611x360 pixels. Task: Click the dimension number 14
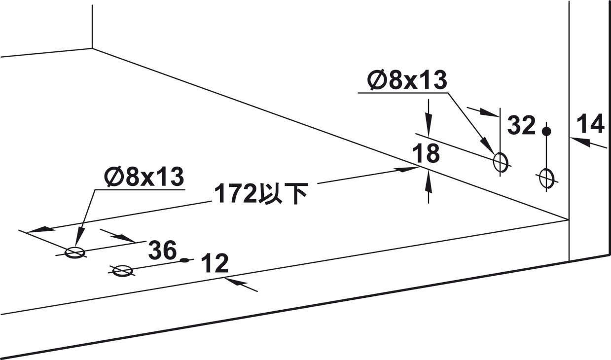tap(590, 124)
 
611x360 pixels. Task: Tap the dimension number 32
tap(521, 125)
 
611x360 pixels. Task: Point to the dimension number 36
tap(163, 250)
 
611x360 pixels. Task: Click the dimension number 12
tap(215, 263)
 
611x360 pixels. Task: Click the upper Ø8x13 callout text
tap(407, 80)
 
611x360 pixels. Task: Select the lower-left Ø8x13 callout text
tap(144, 176)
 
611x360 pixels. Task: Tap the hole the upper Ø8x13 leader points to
tap(501, 162)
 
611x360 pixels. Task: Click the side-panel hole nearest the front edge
tap(546, 179)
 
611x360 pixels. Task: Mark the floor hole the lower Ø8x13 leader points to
tap(74, 253)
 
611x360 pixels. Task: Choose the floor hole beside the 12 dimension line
tap(123, 271)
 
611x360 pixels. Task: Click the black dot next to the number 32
tap(546, 132)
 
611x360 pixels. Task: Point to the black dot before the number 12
tap(184, 260)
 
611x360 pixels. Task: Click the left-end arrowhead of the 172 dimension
tap(41, 229)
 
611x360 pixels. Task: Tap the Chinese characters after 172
tap(283, 194)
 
